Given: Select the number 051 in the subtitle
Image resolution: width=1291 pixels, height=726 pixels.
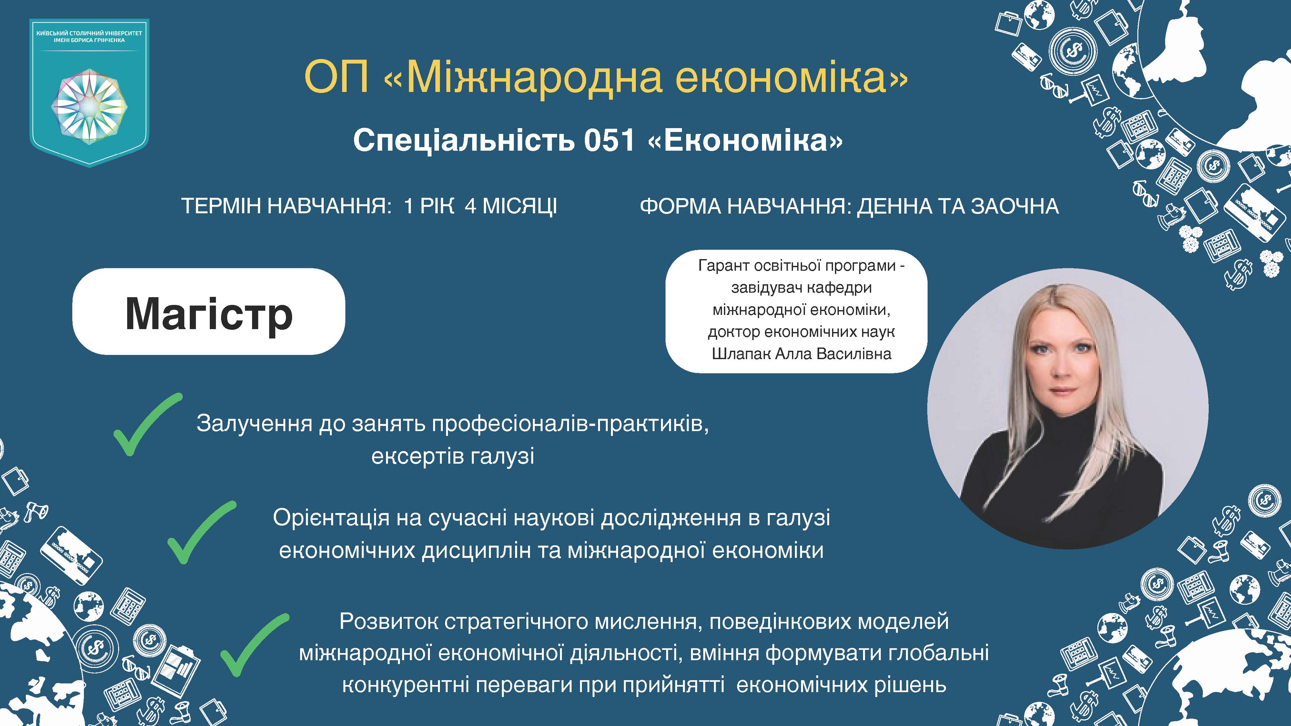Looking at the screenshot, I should [609, 141].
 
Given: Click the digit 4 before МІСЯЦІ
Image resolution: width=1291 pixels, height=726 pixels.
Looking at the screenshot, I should [470, 207].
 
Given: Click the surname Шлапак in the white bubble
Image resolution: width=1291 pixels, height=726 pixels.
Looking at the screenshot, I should [741, 354].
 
